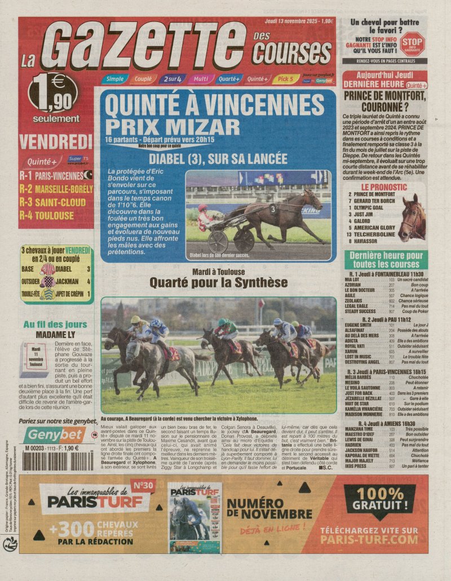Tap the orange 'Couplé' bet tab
pyautogui.click(x=143, y=79)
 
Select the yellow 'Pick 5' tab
pyautogui.click(x=286, y=79)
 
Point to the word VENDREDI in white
pyautogui.click(x=55, y=141)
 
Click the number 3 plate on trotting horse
pyautogui.click(x=273, y=209)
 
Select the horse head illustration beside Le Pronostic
pyautogui.click(x=412, y=217)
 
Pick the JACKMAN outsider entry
pyautogui.click(x=67, y=281)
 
